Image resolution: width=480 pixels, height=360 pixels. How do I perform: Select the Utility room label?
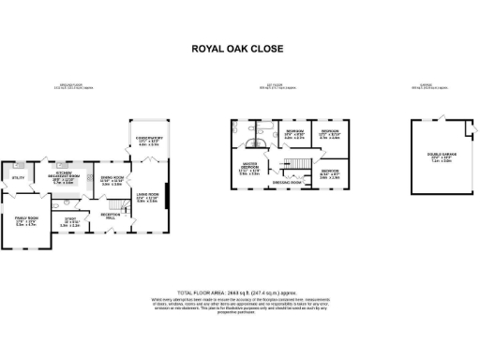tap(18, 176)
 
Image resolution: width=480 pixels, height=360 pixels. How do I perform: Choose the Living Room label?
tap(148, 199)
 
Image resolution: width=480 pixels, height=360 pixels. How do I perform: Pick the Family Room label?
tap(25, 222)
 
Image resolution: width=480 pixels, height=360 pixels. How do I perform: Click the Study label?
tap(70, 223)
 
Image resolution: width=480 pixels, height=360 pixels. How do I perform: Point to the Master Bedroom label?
tap(249, 170)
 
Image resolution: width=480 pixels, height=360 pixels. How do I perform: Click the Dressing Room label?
tap(289, 182)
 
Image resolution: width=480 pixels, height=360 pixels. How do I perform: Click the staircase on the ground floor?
tap(114, 203)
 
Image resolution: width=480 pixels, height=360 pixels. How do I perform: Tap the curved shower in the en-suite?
tap(255, 145)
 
